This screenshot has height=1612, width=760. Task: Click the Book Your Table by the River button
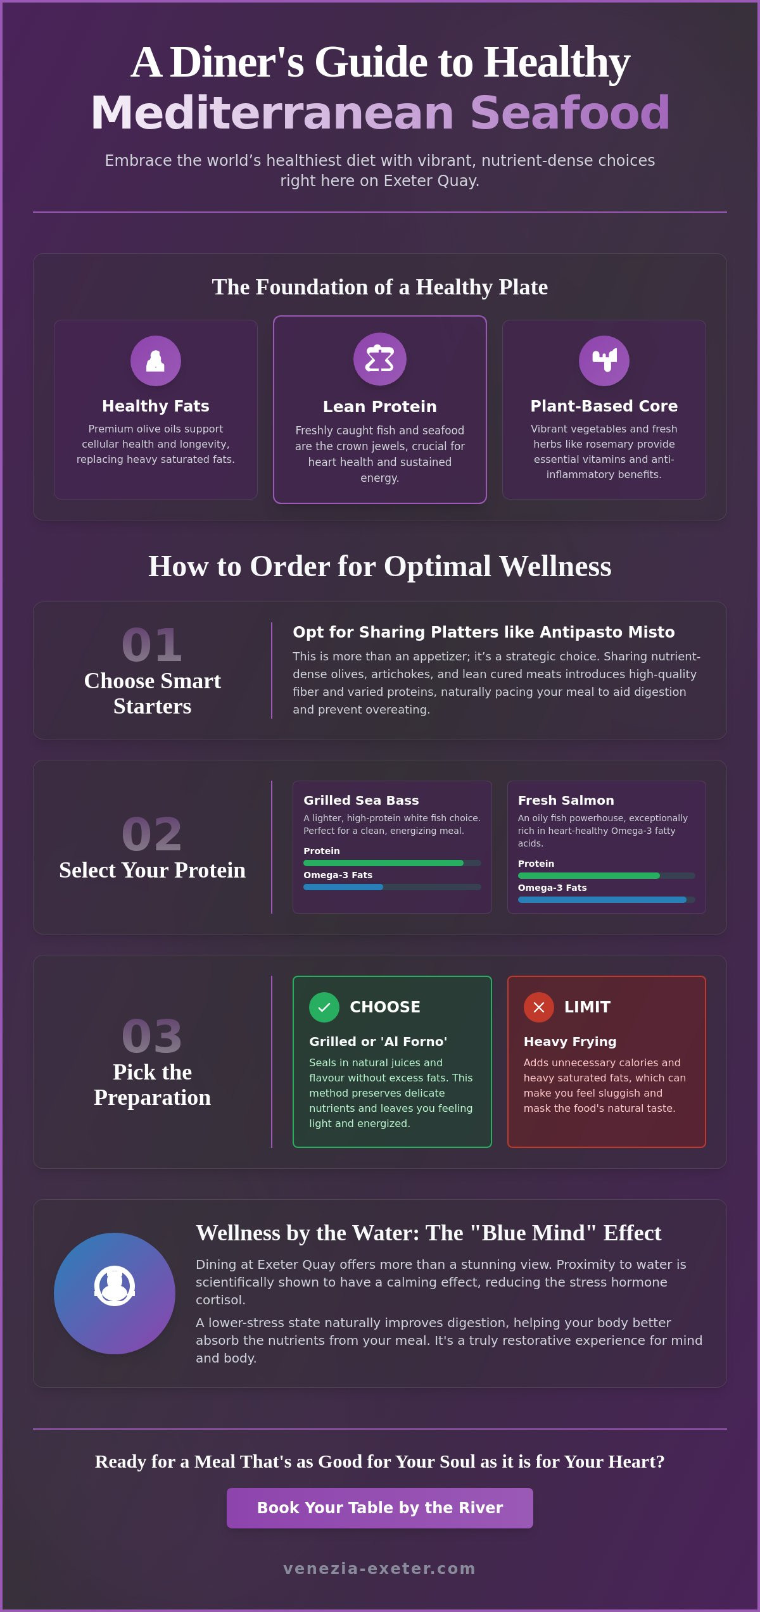380,1508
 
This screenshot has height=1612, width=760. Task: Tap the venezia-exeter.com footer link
379,1568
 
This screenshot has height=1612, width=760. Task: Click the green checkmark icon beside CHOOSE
324,1007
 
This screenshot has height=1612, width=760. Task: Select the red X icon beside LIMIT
539,1007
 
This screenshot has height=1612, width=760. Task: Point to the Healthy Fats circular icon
156,361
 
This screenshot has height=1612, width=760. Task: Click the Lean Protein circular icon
380,359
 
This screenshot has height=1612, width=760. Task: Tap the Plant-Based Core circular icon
604,361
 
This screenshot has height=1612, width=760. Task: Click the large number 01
152,645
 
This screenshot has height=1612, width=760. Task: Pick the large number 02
152,834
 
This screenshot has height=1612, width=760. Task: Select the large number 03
152,1036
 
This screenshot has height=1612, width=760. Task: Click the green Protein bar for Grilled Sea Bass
383,863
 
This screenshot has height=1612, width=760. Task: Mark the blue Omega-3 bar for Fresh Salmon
602,900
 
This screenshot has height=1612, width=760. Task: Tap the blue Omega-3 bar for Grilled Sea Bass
343,887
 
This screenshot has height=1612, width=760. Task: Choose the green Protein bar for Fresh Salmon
589,876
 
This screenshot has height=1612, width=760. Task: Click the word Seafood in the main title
570,113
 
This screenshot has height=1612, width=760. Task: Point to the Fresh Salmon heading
566,800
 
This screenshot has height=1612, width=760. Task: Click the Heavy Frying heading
570,1042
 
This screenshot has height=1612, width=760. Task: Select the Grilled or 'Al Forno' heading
378,1042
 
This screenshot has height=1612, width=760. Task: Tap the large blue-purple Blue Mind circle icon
115,1294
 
